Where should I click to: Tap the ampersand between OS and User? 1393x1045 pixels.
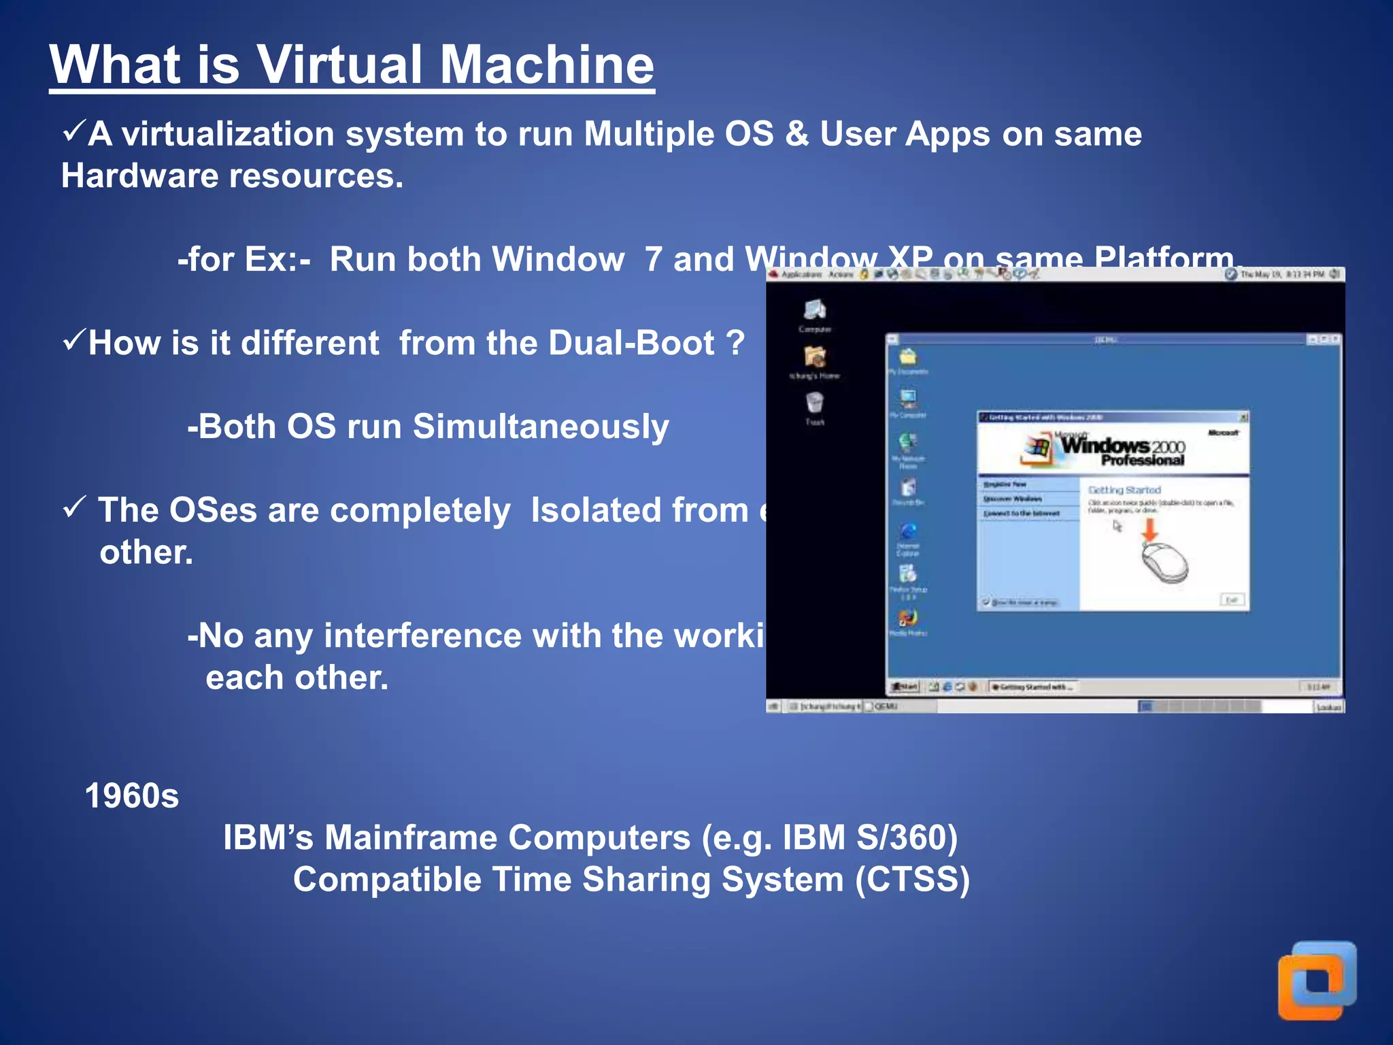click(x=796, y=133)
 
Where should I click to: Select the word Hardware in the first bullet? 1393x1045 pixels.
click(x=139, y=176)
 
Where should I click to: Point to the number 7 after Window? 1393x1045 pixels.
click(x=653, y=259)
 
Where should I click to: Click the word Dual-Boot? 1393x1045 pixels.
click(x=631, y=343)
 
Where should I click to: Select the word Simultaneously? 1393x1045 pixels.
click(x=541, y=427)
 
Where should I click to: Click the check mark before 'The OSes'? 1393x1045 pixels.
click(x=73, y=507)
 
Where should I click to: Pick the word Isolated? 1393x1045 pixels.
click(x=639, y=510)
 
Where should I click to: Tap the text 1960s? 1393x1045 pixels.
click(x=131, y=796)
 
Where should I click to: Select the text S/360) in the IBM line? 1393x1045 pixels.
click(x=907, y=837)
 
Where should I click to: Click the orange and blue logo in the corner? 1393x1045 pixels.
click(x=1317, y=980)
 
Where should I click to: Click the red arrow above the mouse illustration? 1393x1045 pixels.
click(x=1149, y=529)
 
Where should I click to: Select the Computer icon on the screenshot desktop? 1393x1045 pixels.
click(x=814, y=311)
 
